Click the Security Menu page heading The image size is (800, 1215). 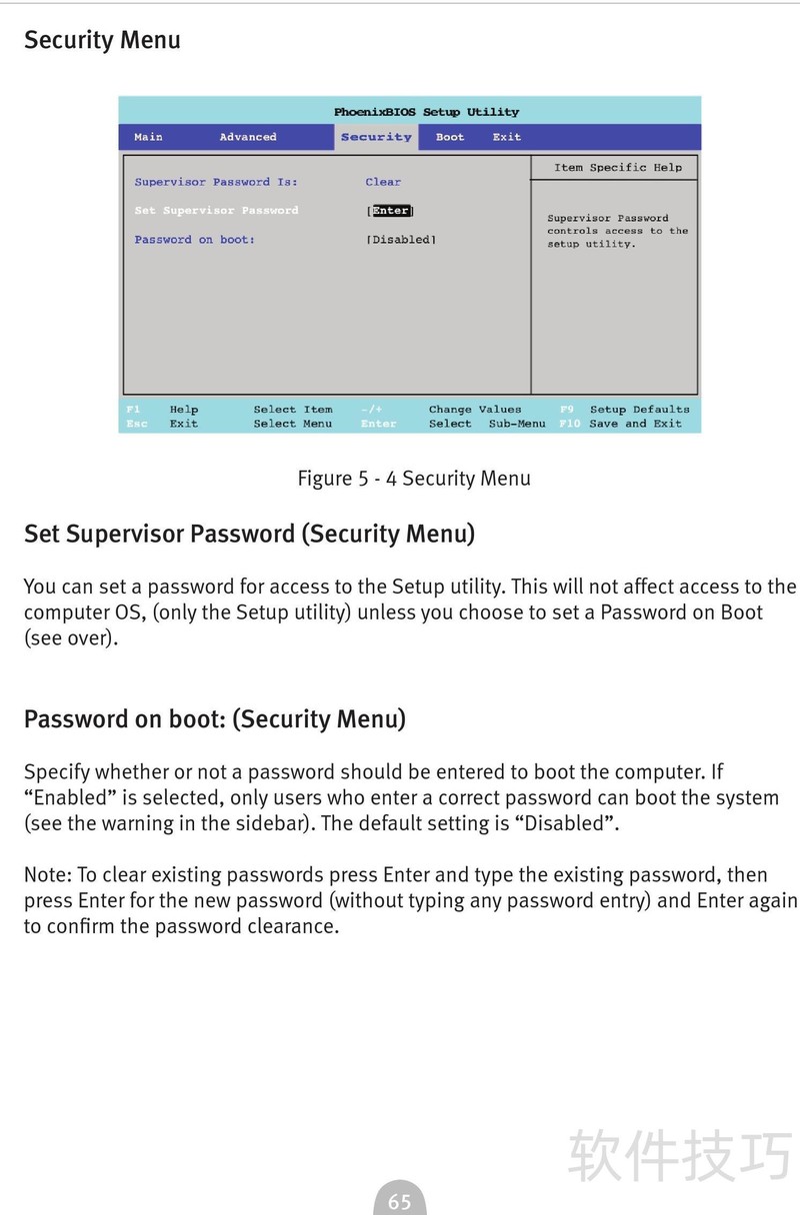(x=102, y=40)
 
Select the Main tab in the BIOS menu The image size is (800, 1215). (x=148, y=137)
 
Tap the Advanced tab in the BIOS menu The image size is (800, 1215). (x=248, y=137)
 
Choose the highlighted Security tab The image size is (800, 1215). (x=376, y=137)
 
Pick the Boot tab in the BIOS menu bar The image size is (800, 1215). (x=450, y=137)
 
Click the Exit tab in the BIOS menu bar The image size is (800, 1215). (x=507, y=137)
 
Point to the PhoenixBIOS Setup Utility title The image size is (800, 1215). (x=427, y=112)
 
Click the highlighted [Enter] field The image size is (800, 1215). (x=390, y=211)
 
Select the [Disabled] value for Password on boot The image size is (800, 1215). (x=402, y=240)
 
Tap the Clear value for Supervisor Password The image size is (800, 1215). (x=383, y=182)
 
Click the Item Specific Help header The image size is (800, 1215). (x=618, y=168)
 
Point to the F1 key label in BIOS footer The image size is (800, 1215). (x=134, y=409)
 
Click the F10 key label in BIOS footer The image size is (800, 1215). (x=569, y=424)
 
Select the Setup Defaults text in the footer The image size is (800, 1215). (x=640, y=409)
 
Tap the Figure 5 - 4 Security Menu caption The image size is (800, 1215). (x=414, y=479)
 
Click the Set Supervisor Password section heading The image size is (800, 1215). (x=249, y=534)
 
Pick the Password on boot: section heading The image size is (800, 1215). (x=215, y=719)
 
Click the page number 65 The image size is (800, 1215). (x=400, y=1202)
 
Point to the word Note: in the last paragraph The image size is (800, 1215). (x=47, y=875)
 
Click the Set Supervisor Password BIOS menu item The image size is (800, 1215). (x=216, y=211)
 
